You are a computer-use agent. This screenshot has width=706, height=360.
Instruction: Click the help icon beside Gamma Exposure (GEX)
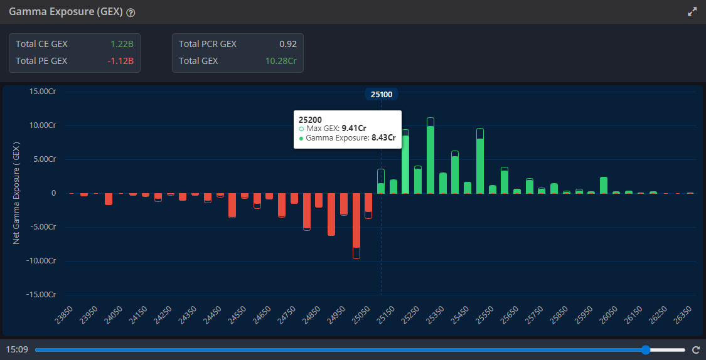pyautogui.click(x=131, y=13)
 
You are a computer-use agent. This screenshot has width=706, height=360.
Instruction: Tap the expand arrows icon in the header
pyautogui.click(x=692, y=11)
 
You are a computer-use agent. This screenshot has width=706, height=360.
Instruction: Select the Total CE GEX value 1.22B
pyautogui.click(x=122, y=44)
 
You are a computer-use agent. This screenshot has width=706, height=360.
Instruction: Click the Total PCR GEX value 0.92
pyautogui.click(x=288, y=44)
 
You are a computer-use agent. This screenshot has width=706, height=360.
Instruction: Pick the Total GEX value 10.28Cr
pyautogui.click(x=281, y=61)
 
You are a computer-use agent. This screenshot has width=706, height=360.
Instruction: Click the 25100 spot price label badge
pyautogui.click(x=382, y=94)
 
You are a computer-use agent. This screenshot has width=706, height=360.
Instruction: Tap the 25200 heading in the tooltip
pyautogui.click(x=311, y=119)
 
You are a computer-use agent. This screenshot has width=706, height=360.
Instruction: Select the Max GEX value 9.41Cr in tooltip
pyautogui.click(x=354, y=128)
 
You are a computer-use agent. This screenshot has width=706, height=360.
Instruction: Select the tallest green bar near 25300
pyautogui.click(x=431, y=157)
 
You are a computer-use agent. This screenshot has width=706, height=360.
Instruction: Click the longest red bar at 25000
pyautogui.click(x=356, y=223)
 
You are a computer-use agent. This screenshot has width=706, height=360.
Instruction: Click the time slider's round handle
pyautogui.click(x=646, y=349)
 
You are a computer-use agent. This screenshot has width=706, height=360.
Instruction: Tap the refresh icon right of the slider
pyautogui.click(x=695, y=350)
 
